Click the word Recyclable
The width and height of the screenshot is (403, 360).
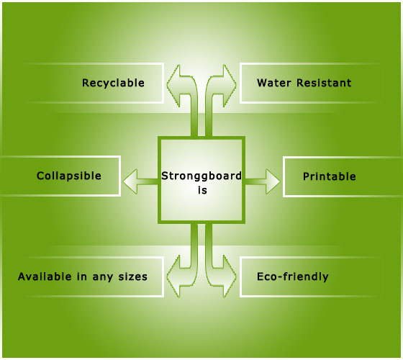113,84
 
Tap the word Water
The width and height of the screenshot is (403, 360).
274,83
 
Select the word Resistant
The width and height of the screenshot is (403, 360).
324,83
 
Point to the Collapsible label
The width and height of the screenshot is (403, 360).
69,176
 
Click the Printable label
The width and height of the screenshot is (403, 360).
330,176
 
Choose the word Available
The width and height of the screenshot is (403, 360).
45,276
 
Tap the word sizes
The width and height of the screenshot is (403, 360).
133,276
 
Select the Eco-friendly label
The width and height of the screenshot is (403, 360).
293,277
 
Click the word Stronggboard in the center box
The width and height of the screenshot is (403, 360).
201,176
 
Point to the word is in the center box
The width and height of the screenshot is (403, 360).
202,190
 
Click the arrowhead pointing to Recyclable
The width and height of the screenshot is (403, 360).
173,84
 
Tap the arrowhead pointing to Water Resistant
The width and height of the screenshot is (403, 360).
230,84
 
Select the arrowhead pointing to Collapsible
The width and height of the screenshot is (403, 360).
130,181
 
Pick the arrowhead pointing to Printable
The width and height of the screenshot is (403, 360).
273,181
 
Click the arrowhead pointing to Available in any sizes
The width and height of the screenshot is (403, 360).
173,276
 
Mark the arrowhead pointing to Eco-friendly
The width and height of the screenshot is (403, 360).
230,276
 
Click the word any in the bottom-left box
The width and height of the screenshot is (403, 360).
102,278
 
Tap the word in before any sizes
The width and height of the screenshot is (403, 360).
82,276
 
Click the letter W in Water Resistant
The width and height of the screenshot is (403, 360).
262,83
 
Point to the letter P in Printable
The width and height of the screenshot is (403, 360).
307,176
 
